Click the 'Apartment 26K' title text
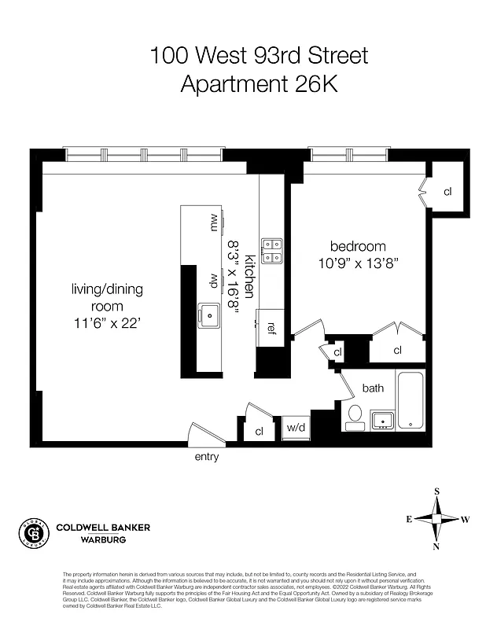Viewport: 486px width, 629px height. pyautogui.click(x=259, y=83)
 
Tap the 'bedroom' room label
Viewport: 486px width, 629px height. pyautogui.click(x=358, y=245)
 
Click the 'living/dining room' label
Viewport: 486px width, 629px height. pyautogui.click(x=107, y=297)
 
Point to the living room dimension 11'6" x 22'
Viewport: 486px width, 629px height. pyautogui.click(x=107, y=322)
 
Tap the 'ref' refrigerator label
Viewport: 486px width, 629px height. pyautogui.click(x=271, y=327)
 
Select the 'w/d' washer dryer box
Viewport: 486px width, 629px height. pyautogui.click(x=296, y=428)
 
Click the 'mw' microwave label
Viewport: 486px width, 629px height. pyautogui.click(x=212, y=223)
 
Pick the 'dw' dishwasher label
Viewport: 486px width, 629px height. pyautogui.click(x=212, y=279)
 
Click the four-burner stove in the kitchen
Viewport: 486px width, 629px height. pyautogui.click(x=271, y=250)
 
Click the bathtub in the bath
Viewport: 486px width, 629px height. pyautogui.click(x=411, y=402)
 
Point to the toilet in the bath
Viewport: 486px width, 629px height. pyautogui.click(x=355, y=414)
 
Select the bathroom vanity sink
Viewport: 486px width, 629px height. pyautogui.click(x=382, y=419)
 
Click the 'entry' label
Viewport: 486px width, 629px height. pyautogui.click(x=206, y=457)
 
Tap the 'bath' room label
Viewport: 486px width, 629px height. pyautogui.click(x=373, y=388)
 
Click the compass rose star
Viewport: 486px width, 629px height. pyautogui.click(x=436, y=519)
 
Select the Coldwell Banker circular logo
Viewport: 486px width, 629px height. pyautogui.click(x=33, y=532)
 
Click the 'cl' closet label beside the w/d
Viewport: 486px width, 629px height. pyautogui.click(x=259, y=431)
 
